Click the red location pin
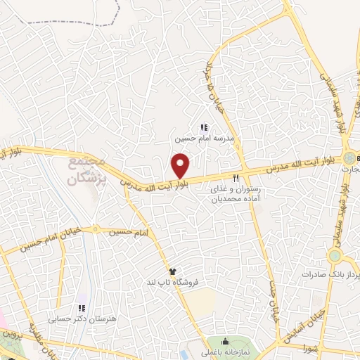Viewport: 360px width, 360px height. pos(181,166)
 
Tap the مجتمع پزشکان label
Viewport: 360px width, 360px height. pos(86,169)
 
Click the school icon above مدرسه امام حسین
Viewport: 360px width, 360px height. pos(204,128)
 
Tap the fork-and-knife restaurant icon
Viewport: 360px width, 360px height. pos(237,178)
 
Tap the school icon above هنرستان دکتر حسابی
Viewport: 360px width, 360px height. pos(82,307)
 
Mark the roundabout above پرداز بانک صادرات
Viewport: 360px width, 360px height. pos(335,255)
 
